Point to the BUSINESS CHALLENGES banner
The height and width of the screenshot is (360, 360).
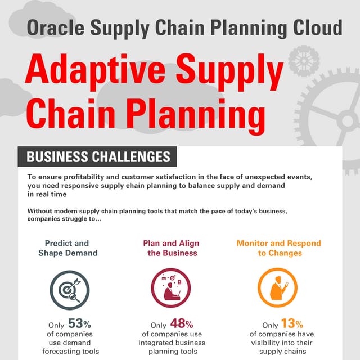point(98,156)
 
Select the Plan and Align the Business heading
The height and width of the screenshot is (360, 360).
point(171,248)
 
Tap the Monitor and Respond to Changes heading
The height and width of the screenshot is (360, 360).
point(280,248)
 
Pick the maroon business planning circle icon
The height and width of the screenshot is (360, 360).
point(170,287)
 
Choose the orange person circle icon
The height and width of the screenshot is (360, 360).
point(279,287)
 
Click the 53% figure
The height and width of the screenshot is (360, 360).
point(79,324)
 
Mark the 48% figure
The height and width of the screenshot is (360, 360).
point(182,324)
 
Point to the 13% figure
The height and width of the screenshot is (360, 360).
point(292,324)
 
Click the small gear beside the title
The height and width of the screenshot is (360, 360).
point(303,61)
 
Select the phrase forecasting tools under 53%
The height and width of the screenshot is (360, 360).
point(70,352)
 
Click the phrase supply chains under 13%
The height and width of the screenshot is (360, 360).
point(280,352)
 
